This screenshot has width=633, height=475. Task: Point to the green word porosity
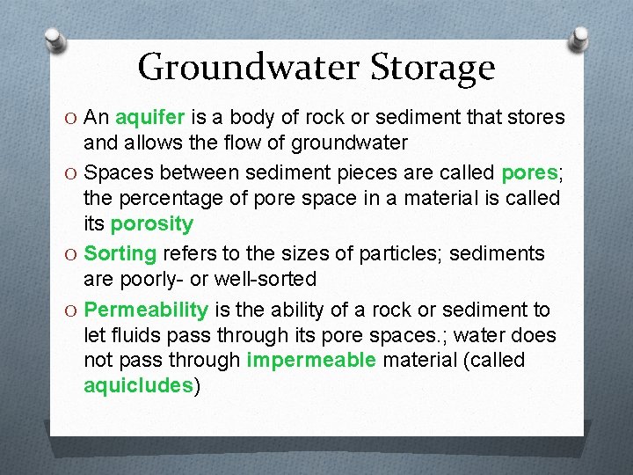pos(150,223)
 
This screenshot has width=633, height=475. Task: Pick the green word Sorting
pos(120,254)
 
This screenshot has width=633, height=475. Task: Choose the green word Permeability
pos(147,310)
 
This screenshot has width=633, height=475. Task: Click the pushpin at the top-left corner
pos(55,40)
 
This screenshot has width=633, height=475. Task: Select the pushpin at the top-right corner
pos(580,40)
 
